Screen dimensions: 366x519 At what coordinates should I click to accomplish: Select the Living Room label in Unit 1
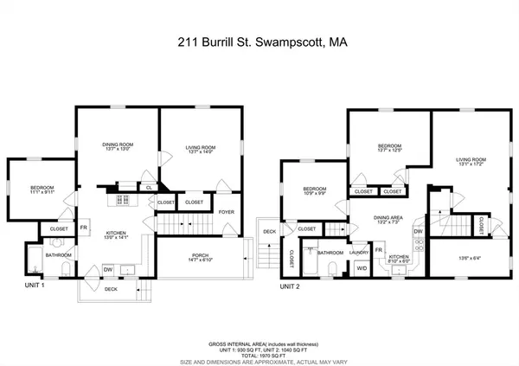tap(204, 150)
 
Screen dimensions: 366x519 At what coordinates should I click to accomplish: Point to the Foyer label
tap(227, 210)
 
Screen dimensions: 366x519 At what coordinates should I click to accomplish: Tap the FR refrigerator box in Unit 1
tap(85, 228)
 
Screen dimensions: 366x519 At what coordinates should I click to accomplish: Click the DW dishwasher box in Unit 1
tap(107, 270)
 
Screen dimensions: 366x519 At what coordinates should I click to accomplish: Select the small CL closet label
tap(149, 187)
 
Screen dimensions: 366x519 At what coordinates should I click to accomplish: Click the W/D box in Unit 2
tap(362, 267)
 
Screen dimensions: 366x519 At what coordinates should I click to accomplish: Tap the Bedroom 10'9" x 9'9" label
tap(315, 192)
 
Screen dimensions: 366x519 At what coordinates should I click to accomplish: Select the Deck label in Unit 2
tap(270, 232)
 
